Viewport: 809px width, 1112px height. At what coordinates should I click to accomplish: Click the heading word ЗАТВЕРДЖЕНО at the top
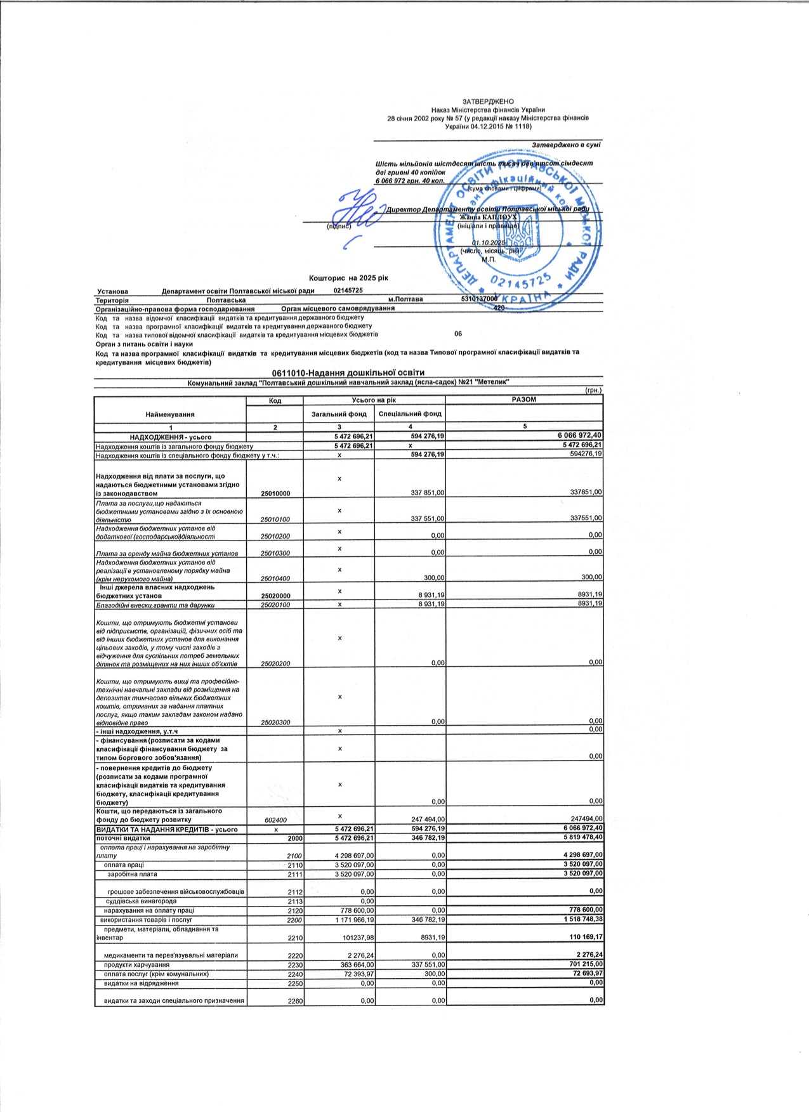pyautogui.click(x=488, y=101)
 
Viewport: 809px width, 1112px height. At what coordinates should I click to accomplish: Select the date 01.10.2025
pyautogui.click(x=489, y=243)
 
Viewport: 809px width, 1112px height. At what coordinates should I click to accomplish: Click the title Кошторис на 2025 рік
pyautogui.click(x=348, y=278)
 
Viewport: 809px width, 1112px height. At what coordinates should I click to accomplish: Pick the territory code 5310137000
pyautogui.click(x=480, y=299)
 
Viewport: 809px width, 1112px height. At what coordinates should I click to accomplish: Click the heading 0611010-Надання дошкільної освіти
pyautogui.click(x=348, y=372)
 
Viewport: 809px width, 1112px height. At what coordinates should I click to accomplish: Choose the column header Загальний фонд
pyautogui.click(x=339, y=414)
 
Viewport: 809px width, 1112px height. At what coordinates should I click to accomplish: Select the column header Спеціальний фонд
pyautogui.click(x=410, y=414)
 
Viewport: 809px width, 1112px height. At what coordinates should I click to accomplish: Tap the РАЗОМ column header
pyautogui.click(x=523, y=400)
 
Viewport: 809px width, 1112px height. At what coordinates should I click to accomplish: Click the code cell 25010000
pyautogui.click(x=275, y=493)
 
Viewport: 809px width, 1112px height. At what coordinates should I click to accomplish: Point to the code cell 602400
pyautogui.click(x=275, y=820)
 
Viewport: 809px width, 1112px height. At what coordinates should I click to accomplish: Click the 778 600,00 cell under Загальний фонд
pyautogui.click(x=357, y=910)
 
